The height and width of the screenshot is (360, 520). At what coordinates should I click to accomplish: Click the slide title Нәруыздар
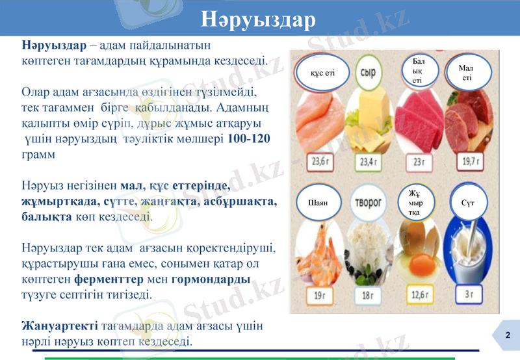click(x=258, y=19)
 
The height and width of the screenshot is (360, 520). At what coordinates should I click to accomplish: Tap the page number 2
click(x=508, y=335)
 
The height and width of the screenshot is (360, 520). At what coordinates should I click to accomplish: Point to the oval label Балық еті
click(x=418, y=71)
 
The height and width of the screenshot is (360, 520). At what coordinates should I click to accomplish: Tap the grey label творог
click(x=368, y=203)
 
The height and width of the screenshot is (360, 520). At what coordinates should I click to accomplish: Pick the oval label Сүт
click(x=467, y=203)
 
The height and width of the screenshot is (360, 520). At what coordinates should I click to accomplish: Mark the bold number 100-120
click(x=249, y=139)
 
